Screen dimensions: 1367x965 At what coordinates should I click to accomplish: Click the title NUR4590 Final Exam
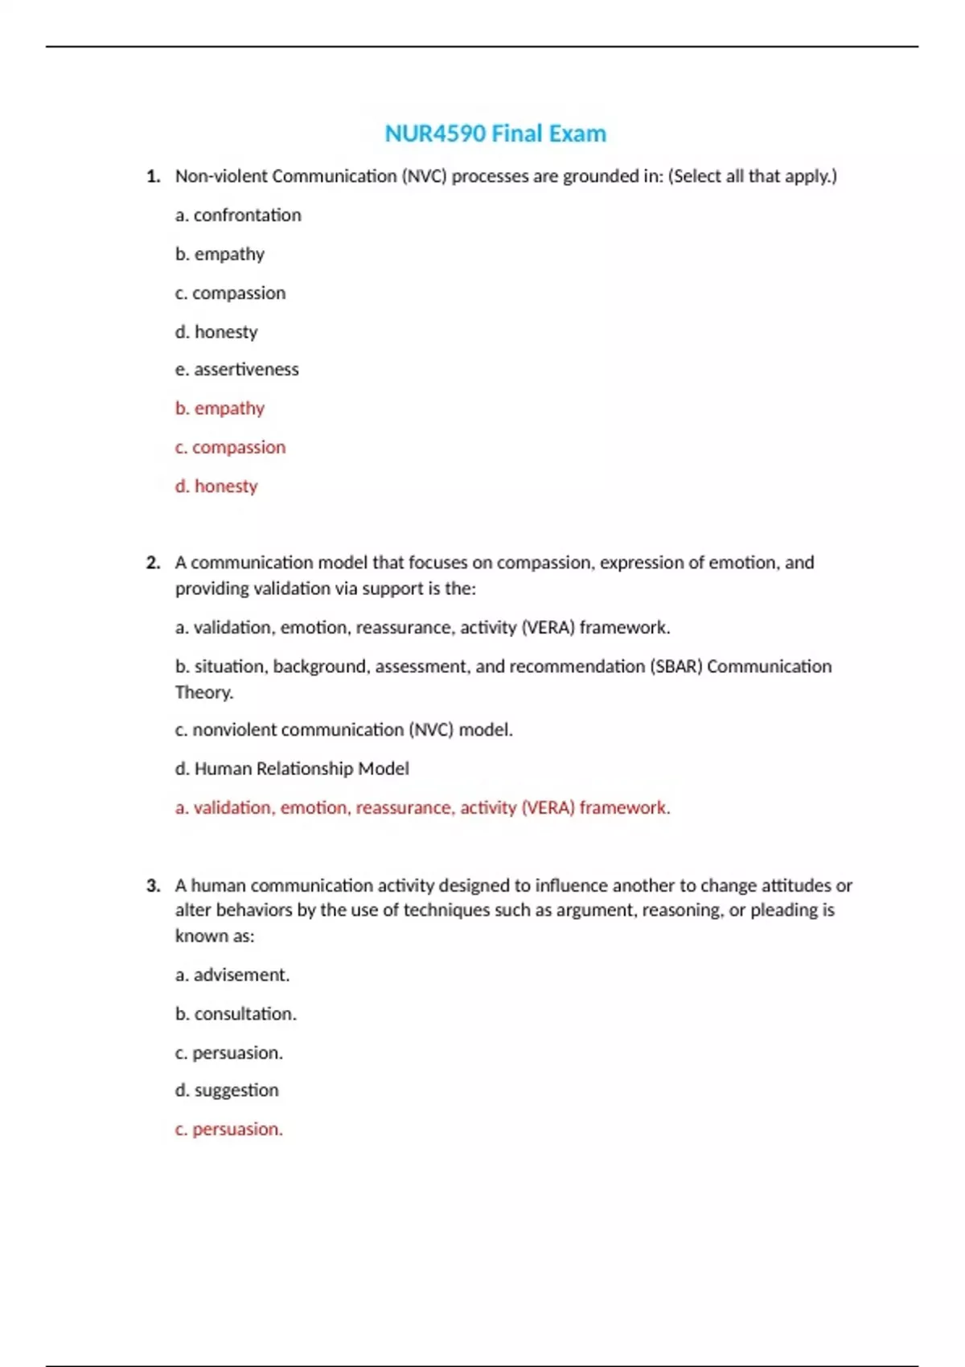(x=495, y=133)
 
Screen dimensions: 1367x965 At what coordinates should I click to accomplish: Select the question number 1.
(x=154, y=176)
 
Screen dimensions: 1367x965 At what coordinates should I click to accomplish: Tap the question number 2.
(x=154, y=563)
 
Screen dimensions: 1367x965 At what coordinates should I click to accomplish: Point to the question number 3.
(x=154, y=885)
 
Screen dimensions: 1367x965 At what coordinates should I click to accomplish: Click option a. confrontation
(x=238, y=216)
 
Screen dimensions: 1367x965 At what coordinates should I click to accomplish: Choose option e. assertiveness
(x=236, y=370)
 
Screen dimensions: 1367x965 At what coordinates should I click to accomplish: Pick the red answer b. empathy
(x=220, y=408)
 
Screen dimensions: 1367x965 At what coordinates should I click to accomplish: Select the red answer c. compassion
(x=230, y=447)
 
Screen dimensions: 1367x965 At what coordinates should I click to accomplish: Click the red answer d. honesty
(x=216, y=486)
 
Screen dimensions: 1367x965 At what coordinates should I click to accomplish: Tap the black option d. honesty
(x=216, y=332)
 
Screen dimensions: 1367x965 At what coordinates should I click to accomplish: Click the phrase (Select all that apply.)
(x=752, y=176)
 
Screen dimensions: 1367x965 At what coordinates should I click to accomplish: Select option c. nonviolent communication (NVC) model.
(x=343, y=730)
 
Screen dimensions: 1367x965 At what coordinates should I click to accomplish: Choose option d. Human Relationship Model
(x=292, y=769)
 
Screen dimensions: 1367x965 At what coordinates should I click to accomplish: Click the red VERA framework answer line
(x=422, y=807)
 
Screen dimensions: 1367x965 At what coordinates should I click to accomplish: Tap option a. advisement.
(x=232, y=975)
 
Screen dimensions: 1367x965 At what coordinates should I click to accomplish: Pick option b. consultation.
(x=236, y=1014)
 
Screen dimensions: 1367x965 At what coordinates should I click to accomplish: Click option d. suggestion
(x=227, y=1090)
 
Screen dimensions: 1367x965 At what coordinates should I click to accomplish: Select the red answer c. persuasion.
(x=228, y=1129)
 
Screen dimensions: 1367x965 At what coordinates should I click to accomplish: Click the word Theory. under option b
(x=204, y=692)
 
